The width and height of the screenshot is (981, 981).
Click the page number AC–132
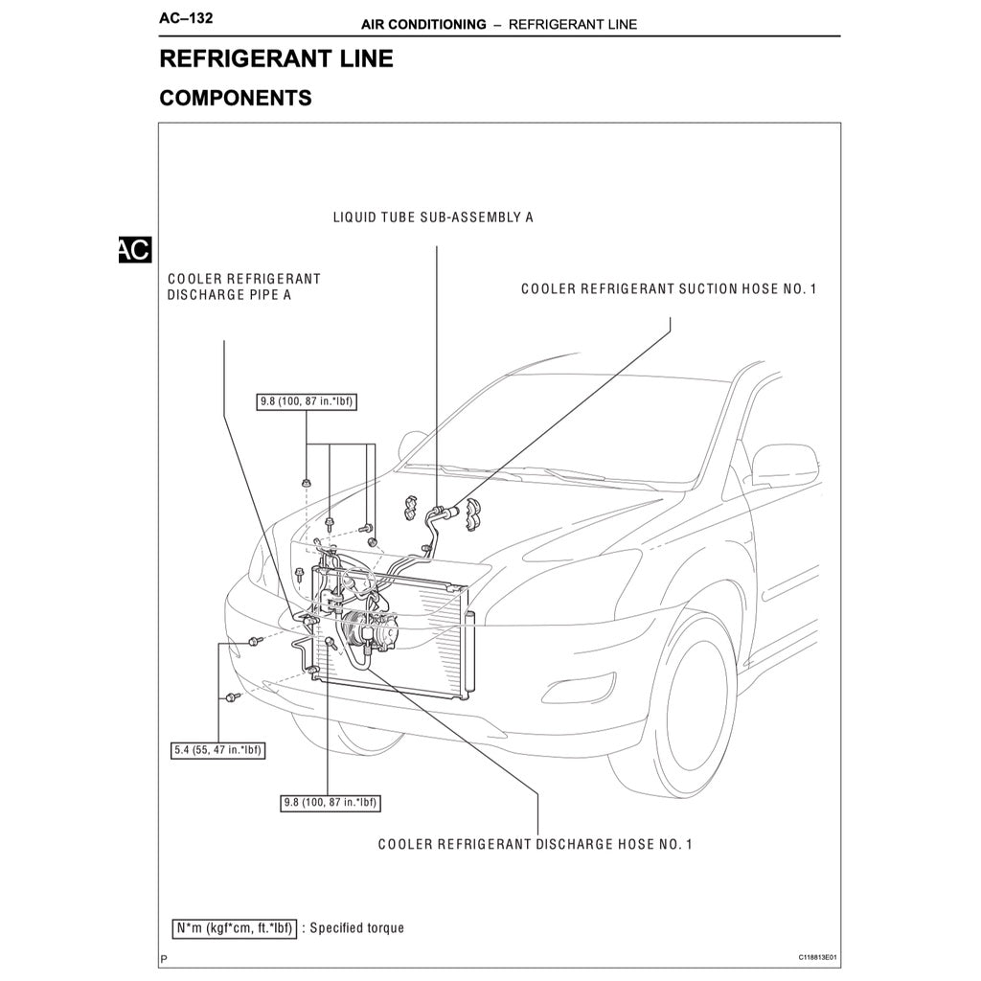186,18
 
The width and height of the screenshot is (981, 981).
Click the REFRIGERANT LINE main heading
276,58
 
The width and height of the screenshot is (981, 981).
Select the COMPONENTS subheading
235,98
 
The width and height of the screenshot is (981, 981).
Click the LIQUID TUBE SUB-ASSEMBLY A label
433,217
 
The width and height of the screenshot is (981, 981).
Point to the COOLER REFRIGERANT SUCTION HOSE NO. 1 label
669,288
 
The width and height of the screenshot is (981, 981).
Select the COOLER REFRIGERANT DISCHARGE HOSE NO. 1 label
535,844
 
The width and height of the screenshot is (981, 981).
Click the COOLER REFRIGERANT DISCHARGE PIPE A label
243,287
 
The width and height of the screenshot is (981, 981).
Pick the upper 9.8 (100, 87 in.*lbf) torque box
307,401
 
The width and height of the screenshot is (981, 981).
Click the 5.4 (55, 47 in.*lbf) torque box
217,750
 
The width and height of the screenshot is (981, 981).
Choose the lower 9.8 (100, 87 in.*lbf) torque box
330,803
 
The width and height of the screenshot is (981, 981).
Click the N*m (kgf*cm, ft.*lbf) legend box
235,927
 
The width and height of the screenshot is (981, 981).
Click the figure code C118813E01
817,957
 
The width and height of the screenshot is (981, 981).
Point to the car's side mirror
783,467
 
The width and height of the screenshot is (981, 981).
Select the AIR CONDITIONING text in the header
423,24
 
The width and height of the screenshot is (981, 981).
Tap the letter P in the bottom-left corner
164,958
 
